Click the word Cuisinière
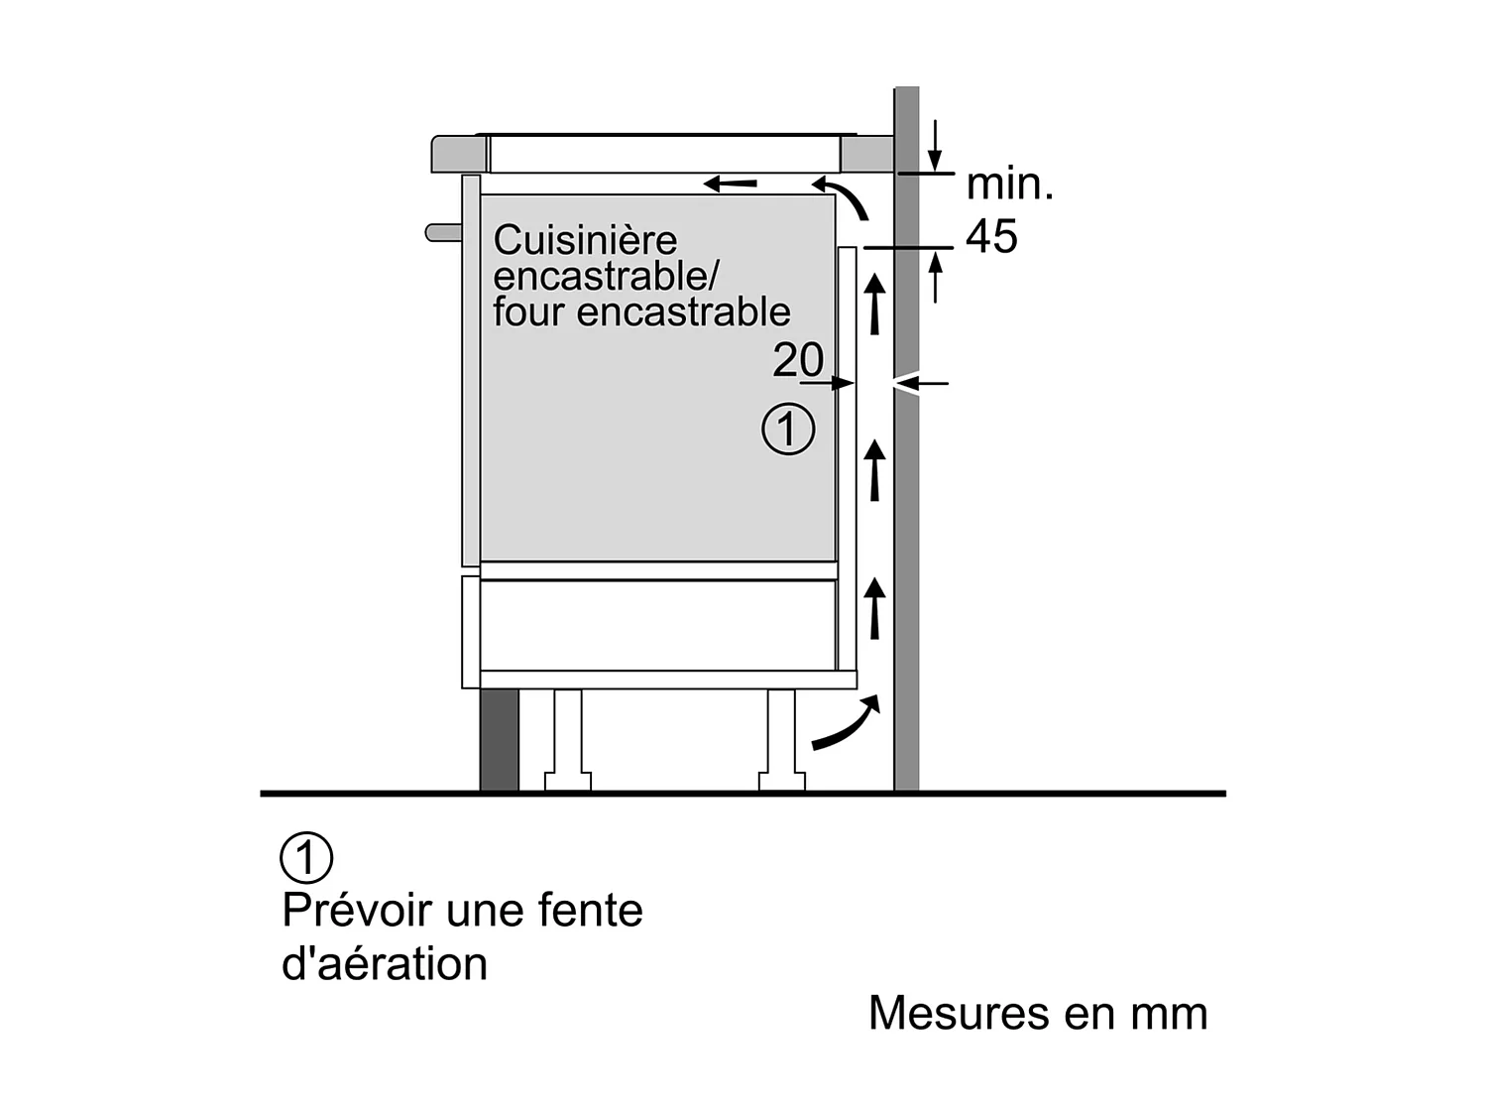(x=585, y=241)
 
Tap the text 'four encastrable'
(x=641, y=312)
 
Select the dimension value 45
(x=991, y=237)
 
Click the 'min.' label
(x=1009, y=185)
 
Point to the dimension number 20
(x=798, y=360)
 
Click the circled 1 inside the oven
(x=788, y=431)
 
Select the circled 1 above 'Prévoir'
(x=307, y=857)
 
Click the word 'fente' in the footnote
(x=590, y=910)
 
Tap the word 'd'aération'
(x=385, y=964)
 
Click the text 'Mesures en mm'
(x=1038, y=1014)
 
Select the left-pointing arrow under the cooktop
(x=731, y=184)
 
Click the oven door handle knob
(x=442, y=232)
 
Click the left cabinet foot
(x=568, y=739)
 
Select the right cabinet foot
(x=781, y=739)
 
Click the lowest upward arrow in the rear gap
(x=874, y=608)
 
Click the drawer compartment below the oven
(x=656, y=625)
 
